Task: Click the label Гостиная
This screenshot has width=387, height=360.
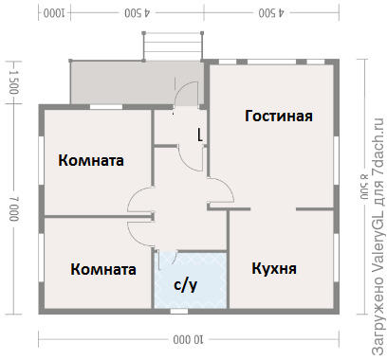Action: pos(279,116)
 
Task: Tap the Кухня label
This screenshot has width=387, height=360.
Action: pos(274,268)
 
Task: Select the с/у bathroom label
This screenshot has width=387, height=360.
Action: pos(186,285)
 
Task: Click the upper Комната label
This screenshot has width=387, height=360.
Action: pos(91,160)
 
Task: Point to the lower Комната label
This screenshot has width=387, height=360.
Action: pos(103,269)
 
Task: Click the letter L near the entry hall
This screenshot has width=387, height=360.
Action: pos(200,135)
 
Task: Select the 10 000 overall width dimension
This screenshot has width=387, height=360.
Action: pos(189,340)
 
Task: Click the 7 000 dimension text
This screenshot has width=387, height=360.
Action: pos(14,208)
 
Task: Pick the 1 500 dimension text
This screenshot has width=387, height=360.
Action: pos(14,82)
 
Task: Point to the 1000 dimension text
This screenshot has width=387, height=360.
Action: pos(54,13)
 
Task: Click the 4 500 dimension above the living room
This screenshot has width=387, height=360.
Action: pos(271,13)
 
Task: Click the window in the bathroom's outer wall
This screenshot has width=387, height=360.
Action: pos(179,312)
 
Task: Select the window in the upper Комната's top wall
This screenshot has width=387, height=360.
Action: pos(106,107)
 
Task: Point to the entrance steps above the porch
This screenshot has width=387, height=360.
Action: pos(173,46)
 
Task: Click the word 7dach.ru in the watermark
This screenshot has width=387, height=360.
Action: pos(378,146)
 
